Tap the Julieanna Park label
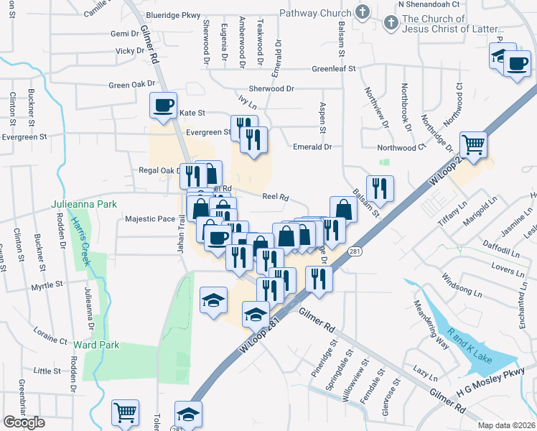84,204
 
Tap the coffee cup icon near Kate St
163,106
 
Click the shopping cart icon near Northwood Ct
474,144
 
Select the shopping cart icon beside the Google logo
125,412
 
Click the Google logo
24,422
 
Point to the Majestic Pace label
150,219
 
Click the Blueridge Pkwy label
172,14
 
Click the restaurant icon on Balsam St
380,188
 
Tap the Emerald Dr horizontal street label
313,147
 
